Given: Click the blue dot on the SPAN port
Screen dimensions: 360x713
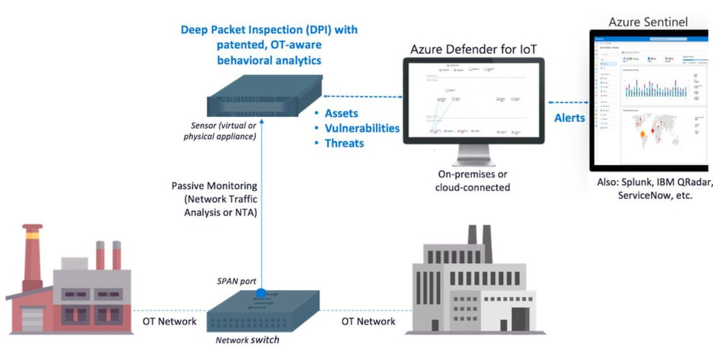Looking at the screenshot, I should click(x=261, y=293).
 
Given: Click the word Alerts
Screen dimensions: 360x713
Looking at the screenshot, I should click(x=569, y=118).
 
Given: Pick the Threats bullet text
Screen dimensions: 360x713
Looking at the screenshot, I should click(x=344, y=143).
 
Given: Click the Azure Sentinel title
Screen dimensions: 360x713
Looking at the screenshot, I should click(x=648, y=22).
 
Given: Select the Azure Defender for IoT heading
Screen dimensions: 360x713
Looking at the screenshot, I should click(x=474, y=49).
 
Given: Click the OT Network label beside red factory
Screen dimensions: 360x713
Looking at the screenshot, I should click(x=169, y=321).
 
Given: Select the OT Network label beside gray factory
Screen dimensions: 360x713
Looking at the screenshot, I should click(x=368, y=321).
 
